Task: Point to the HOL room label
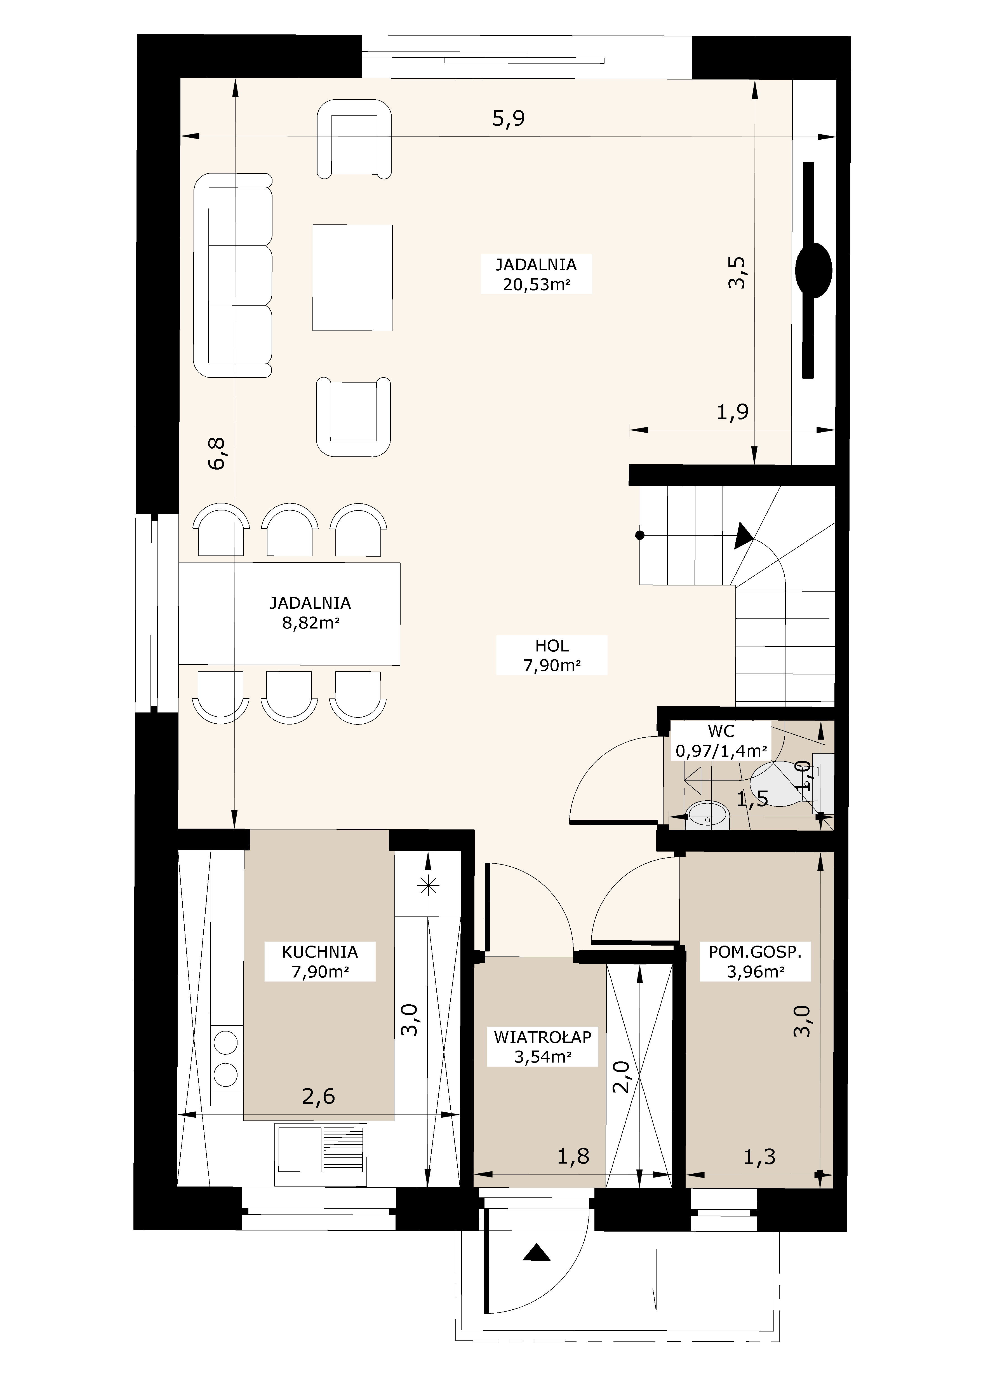tap(551, 655)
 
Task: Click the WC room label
tap(721, 741)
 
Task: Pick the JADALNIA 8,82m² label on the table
tap(310, 612)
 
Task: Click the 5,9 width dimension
tap(508, 118)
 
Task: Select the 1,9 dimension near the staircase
tap(733, 412)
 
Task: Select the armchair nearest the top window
tap(354, 139)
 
